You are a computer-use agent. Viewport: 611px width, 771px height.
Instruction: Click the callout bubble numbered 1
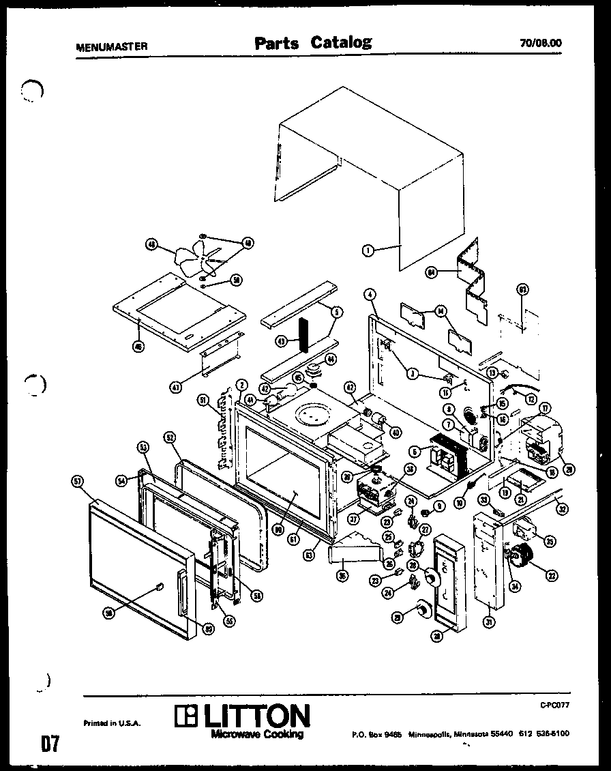368,250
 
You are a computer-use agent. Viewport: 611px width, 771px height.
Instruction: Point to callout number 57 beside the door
77,482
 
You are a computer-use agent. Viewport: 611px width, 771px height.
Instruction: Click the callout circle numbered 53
143,447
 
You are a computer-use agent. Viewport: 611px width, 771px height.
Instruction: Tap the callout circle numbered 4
370,295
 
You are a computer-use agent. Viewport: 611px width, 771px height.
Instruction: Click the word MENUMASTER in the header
111,47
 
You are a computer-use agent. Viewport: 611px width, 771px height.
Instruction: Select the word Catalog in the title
341,42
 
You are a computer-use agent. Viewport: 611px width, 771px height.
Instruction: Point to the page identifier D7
48,743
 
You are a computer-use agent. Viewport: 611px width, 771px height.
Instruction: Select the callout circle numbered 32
563,508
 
